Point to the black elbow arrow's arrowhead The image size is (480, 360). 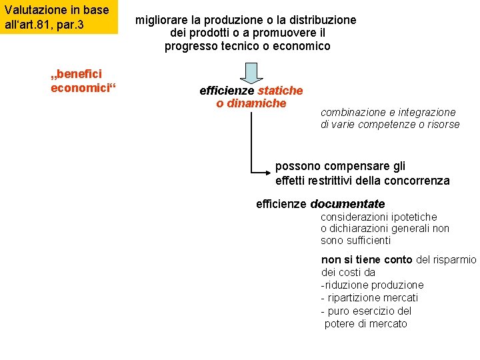click(x=268, y=172)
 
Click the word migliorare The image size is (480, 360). click(x=163, y=20)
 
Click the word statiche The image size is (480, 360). click(x=280, y=90)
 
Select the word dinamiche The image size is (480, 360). click(x=256, y=103)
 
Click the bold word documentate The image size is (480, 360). click(x=347, y=204)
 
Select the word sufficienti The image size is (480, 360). click(x=366, y=240)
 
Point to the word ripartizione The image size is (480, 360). click(x=359, y=298)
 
